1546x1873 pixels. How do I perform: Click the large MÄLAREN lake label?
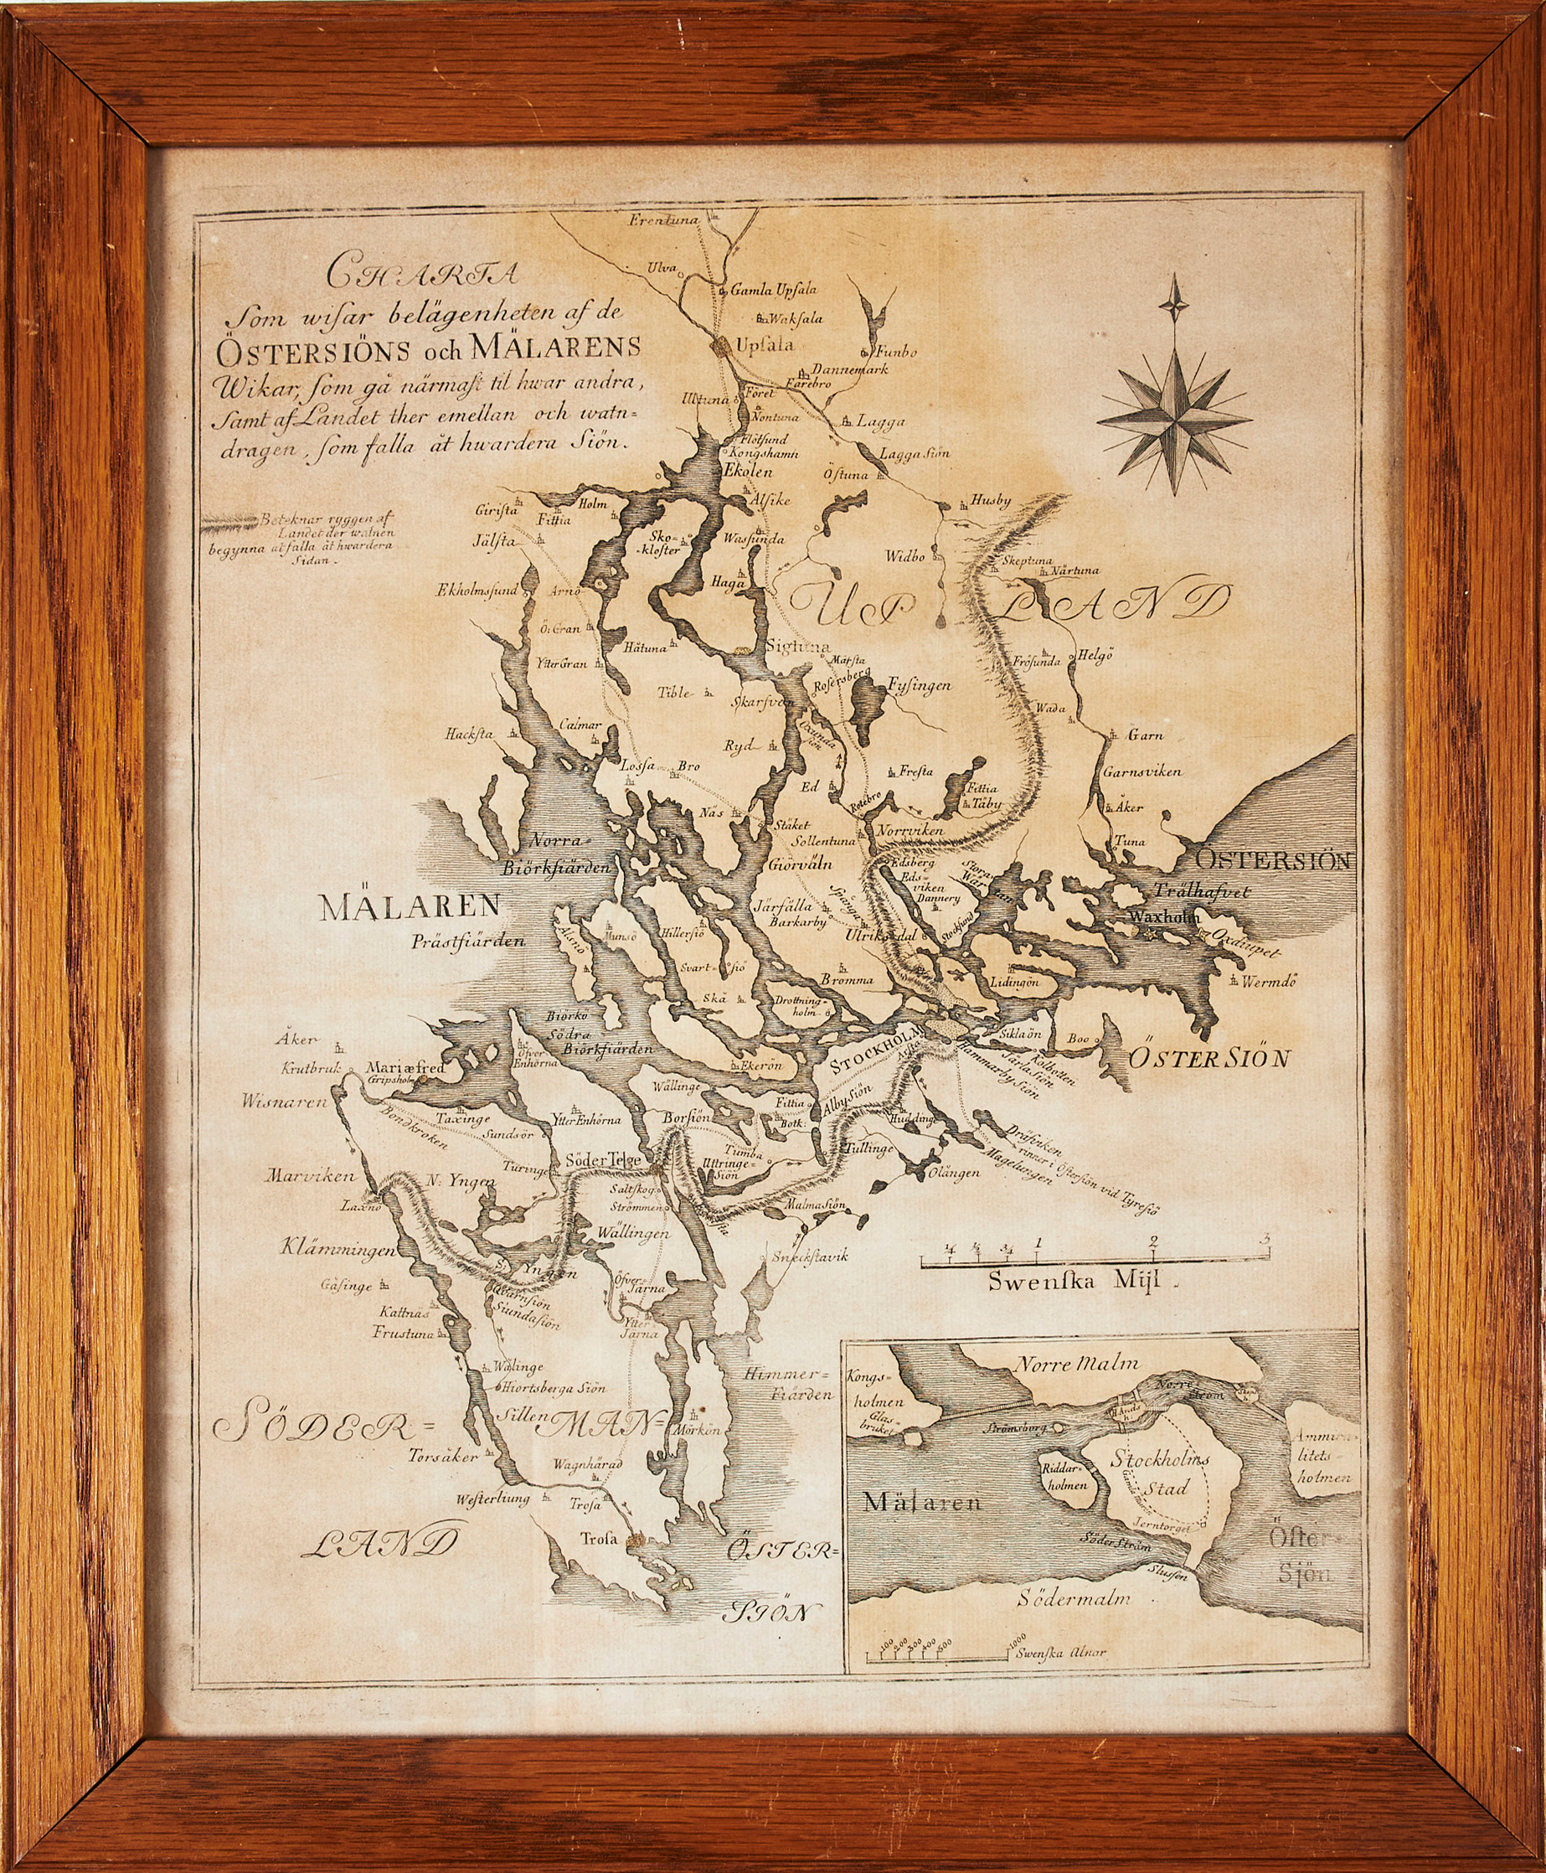pyautogui.click(x=410, y=907)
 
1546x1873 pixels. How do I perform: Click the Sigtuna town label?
pyautogui.click(x=797, y=647)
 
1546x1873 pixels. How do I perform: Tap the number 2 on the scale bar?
pyautogui.click(x=1153, y=1241)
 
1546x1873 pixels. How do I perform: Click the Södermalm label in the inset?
pyautogui.click(x=1074, y=1597)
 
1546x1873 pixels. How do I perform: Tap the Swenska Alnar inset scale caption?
pyautogui.click(x=1059, y=1653)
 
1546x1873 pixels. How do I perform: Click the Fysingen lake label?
pyautogui.click(x=919, y=685)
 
